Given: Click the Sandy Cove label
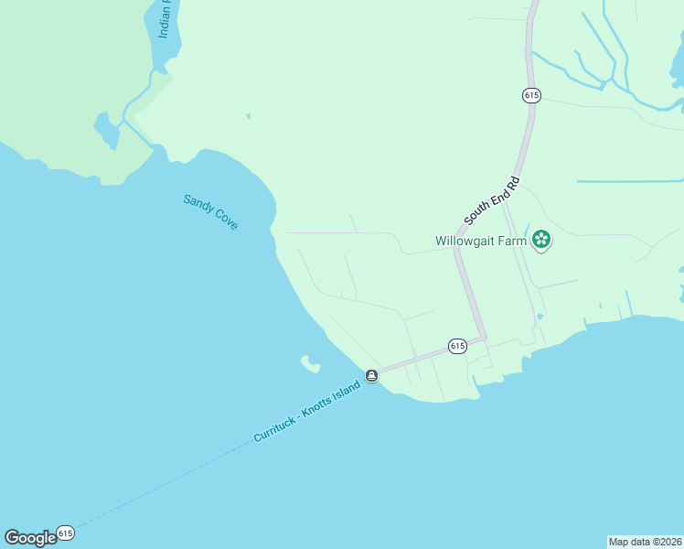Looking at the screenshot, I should click(x=210, y=211).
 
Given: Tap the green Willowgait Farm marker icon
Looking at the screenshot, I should click(x=541, y=241).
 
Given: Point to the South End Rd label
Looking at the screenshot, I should click(x=492, y=200).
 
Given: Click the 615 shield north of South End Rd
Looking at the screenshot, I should click(x=532, y=95).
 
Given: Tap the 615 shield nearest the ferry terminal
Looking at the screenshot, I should click(x=458, y=346).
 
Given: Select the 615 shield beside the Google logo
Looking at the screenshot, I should click(x=65, y=532).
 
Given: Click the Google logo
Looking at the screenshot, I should click(x=30, y=538).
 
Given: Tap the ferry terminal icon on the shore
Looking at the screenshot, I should click(x=372, y=376).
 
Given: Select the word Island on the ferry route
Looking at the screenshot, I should click(x=347, y=392).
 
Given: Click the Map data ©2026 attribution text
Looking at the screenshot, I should click(x=645, y=542).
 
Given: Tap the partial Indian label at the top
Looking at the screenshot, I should click(x=165, y=18).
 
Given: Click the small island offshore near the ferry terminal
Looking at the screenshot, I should click(x=310, y=364).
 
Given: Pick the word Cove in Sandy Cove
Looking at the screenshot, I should click(x=225, y=220).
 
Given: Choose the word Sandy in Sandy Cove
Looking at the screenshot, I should click(x=197, y=202).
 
